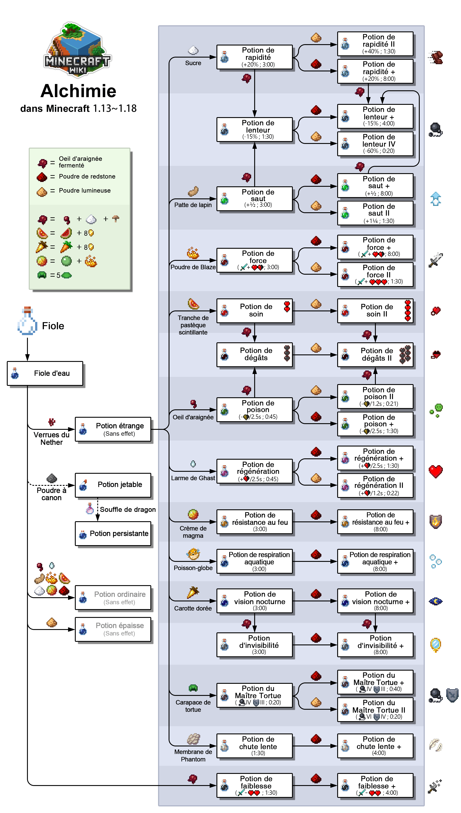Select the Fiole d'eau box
pyautogui.click(x=45, y=373)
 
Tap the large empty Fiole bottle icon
pyautogui.click(x=27, y=321)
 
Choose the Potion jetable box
pyautogui.click(x=113, y=485)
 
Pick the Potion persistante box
pyautogui.click(x=113, y=534)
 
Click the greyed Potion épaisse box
pyautogui.click(x=113, y=629)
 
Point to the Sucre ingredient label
pyautogui.click(x=193, y=63)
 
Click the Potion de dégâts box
pyautogui.click(x=255, y=354)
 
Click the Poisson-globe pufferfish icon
pyautogui.click(x=193, y=554)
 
